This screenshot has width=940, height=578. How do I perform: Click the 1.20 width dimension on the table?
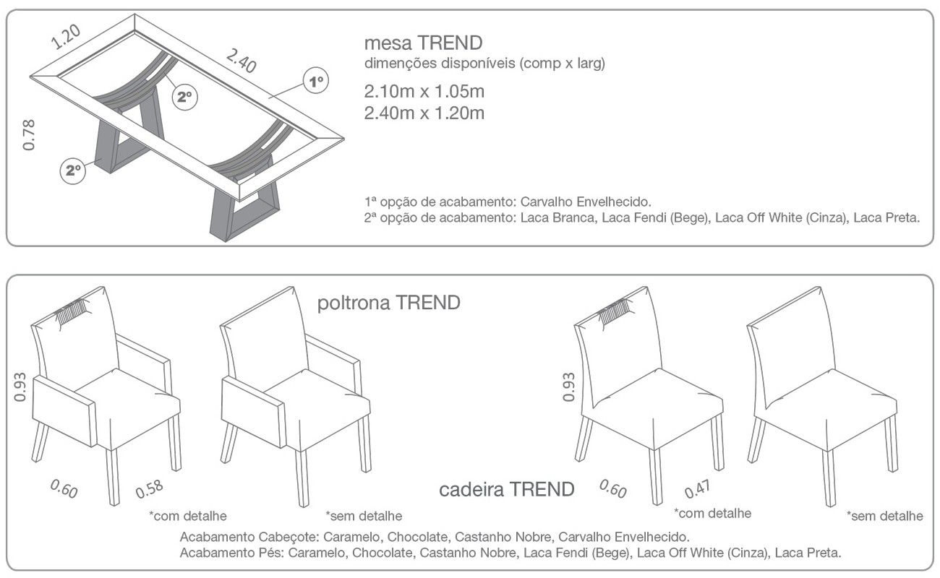coord(66,37)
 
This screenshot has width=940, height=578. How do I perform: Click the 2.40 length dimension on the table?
coord(242,61)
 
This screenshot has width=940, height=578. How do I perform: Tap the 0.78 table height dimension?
coord(29,134)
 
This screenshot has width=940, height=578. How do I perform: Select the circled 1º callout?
coord(316,80)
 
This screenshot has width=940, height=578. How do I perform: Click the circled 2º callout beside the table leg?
coord(73,171)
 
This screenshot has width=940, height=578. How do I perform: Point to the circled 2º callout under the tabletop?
coord(184,97)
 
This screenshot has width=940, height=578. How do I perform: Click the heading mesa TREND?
coord(424,43)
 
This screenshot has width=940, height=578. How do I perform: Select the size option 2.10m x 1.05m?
coord(424,92)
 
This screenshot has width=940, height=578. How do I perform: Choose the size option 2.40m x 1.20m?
coord(424,113)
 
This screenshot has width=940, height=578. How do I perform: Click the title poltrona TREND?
coord(388,303)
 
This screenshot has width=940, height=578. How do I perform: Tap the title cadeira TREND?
coord(506,490)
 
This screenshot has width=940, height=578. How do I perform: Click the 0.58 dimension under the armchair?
coord(150,488)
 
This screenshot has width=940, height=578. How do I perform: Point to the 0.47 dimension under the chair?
coord(698,488)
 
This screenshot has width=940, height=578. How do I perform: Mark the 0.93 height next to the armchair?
coord(20,387)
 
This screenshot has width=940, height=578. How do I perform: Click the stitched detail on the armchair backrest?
coord(72,313)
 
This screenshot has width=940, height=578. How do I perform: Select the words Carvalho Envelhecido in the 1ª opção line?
coord(586,202)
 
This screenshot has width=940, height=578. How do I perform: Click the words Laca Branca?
coord(557,218)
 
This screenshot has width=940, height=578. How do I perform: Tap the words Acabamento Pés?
coord(230,553)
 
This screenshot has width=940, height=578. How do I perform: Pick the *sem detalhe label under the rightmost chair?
coord(884,516)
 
